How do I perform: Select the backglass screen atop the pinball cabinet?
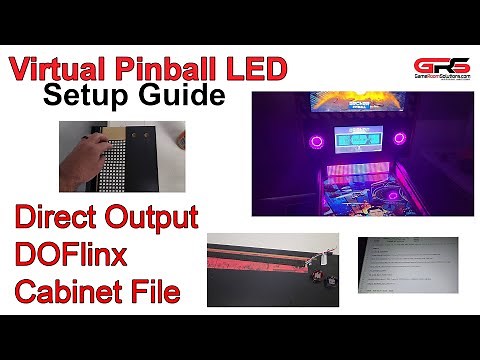(355, 105)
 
